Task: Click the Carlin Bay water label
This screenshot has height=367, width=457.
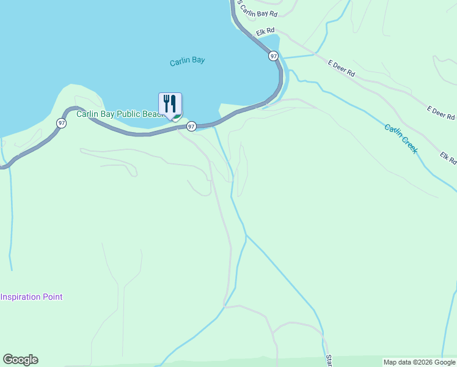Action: click(x=187, y=61)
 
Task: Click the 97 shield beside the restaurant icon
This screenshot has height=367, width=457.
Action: click(x=191, y=126)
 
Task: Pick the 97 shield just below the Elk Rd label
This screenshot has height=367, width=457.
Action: click(x=272, y=56)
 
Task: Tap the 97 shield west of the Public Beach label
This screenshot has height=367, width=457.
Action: click(x=61, y=122)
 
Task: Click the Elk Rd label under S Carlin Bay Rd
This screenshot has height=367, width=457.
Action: click(x=266, y=31)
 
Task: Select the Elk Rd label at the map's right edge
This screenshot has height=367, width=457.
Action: click(x=448, y=158)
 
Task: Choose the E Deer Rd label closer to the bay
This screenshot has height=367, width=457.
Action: click(x=341, y=68)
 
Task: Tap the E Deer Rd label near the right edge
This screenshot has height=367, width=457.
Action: click(x=441, y=113)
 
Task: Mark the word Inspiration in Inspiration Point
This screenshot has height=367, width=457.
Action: click(x=21, y=297)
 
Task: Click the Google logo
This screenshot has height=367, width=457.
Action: click(x=20, y=360)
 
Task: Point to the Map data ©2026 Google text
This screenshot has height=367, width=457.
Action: click(x=419, y=362)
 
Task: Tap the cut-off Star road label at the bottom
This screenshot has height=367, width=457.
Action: click(x=328, y=360)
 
